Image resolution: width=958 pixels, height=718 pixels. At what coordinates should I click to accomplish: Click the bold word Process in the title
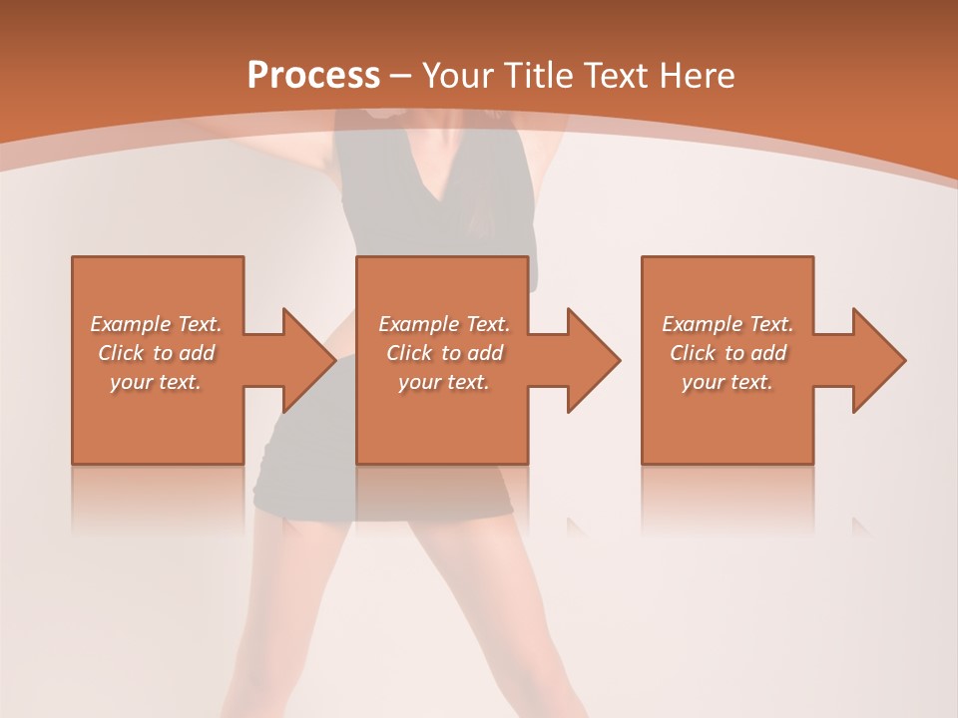click(313, 75)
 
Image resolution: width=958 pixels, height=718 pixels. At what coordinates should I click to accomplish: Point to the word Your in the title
click(458, 76)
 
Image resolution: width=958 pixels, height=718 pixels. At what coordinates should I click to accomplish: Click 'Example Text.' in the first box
click(157, 324)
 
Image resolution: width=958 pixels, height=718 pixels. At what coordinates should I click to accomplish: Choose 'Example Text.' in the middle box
click(444, 324)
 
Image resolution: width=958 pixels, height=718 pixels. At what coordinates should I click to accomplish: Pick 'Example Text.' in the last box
click(727, 324)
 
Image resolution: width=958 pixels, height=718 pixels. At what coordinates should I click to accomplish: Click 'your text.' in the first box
click(157, 382)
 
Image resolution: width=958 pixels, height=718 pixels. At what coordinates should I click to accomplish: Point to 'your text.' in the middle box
click(444, 382)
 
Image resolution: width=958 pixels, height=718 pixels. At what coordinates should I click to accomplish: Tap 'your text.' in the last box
click(727, 382)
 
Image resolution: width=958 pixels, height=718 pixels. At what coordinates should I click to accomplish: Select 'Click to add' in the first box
click(157, 353)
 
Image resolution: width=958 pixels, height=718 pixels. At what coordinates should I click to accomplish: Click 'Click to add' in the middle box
click(444, 353)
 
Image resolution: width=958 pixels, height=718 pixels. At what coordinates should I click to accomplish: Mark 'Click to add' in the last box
click(727, 353)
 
